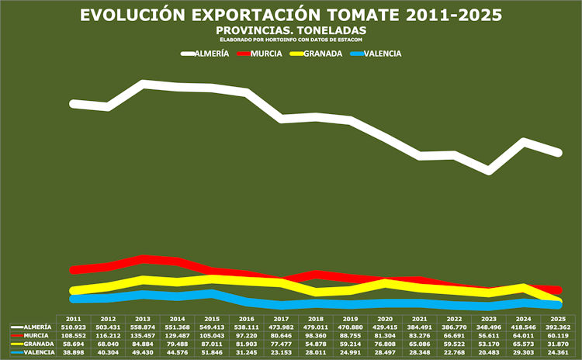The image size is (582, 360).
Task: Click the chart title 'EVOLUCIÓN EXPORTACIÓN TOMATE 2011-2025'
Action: point(291,16)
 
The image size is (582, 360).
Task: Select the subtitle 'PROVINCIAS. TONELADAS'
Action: point(291,29)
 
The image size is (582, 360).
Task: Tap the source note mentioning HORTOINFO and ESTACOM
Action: point(291,38)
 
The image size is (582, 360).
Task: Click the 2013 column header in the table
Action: point(143,319)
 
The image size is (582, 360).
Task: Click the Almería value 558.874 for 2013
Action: point(143,327)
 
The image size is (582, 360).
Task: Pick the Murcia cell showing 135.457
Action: point(143,336)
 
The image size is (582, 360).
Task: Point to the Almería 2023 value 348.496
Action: point(488,327)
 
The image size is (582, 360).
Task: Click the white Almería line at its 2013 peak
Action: point(144,83)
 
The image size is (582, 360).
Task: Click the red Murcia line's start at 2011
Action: point(74,270)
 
